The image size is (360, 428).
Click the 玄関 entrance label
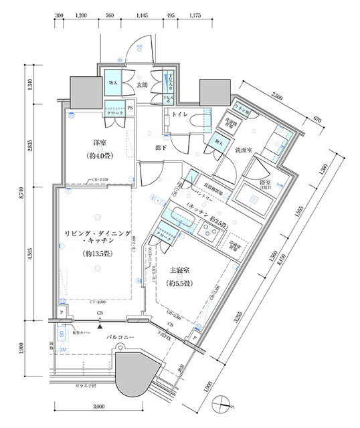tap(142, 85)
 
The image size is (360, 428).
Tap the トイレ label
tap(179, 114)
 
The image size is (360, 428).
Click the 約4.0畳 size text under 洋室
tap(101, 157)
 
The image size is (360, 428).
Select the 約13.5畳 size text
tap(98, 253)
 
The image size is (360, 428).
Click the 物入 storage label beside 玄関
tap(113, 82)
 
